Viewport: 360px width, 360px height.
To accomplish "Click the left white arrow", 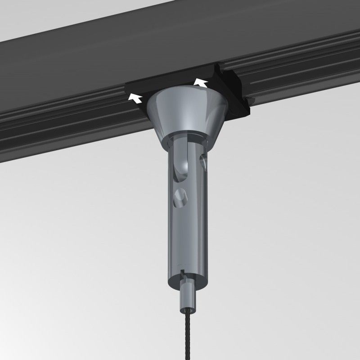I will coord(135,96).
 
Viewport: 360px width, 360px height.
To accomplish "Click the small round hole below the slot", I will coord(180,197).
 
